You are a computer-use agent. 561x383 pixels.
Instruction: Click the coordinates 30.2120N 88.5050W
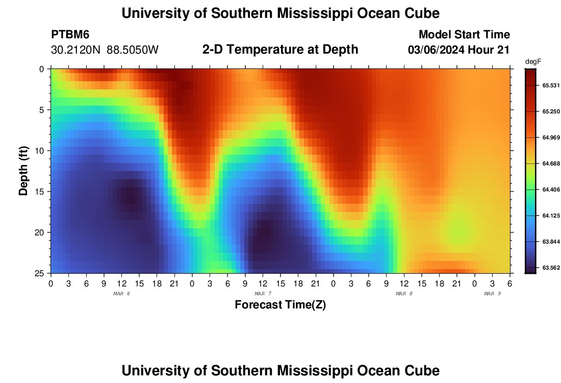[105, 50]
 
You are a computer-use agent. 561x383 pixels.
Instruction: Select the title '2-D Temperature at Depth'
[280, 50]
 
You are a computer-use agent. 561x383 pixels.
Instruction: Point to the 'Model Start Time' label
[464, 35]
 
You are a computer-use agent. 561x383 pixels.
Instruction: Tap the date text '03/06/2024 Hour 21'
[458, 50]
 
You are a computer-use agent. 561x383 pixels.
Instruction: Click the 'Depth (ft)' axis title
[23, 170]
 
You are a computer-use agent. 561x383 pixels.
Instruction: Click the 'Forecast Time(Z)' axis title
[280, 305]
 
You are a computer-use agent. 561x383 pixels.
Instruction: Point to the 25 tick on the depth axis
[41, 273]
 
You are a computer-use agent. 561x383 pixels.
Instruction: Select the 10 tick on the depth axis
[41, 151]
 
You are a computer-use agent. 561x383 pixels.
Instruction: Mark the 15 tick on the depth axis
[41, 192]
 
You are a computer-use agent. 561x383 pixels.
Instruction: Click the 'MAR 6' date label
[121, 294]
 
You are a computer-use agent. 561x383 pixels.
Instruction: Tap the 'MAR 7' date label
[263, 294]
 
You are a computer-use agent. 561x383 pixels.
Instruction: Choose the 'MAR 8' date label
[404, 294]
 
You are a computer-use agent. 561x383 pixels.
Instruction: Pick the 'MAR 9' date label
[492, 294]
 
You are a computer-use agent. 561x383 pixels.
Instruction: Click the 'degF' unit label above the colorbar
[532, 62]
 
